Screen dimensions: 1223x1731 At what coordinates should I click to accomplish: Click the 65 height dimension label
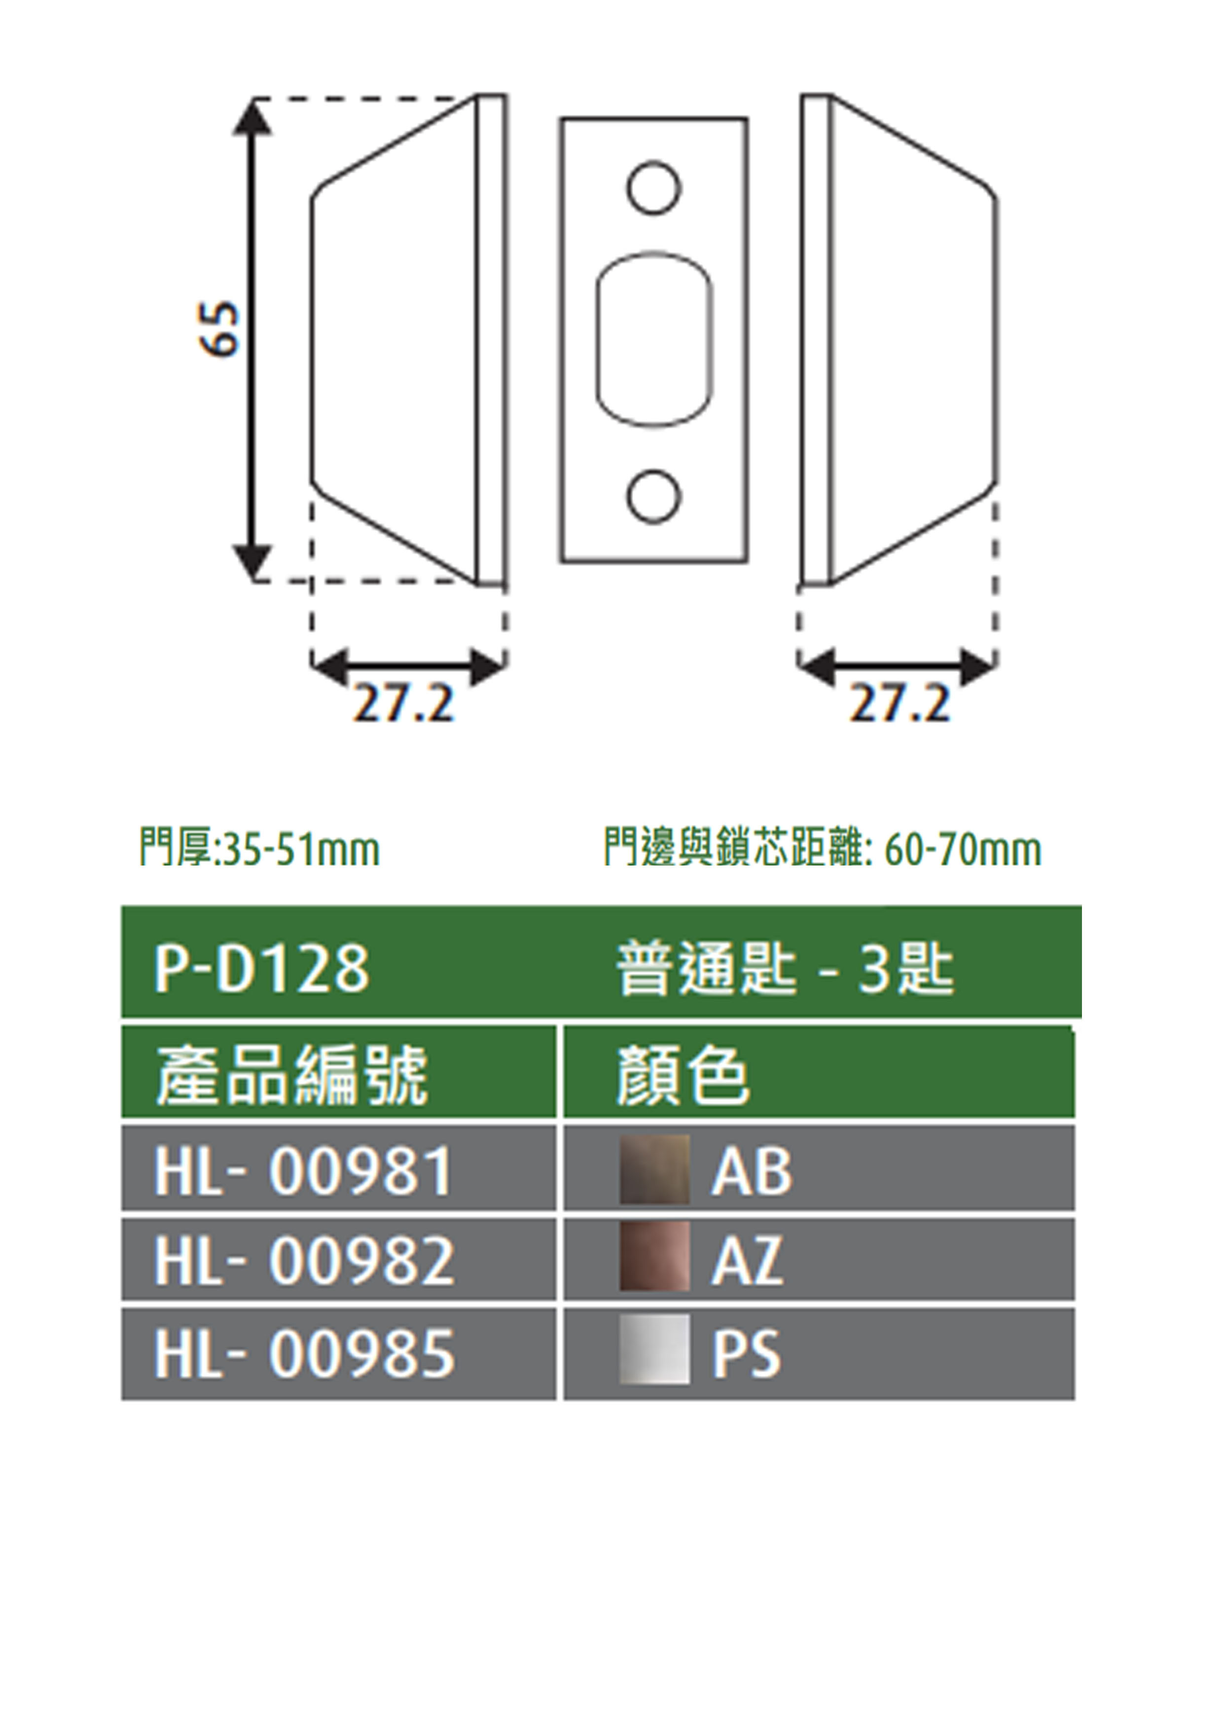point(219,330)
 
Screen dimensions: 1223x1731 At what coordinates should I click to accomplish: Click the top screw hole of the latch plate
point(654,187)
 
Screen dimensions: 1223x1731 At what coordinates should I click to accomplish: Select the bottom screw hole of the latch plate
point(654,497)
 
